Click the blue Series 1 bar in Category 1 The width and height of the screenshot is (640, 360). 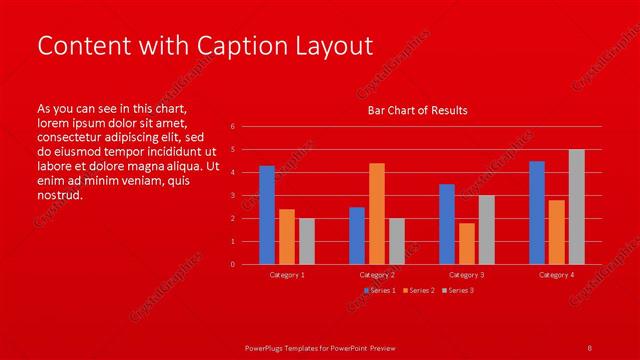pos(267,215)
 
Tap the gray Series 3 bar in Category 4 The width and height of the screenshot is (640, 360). pos(577,207)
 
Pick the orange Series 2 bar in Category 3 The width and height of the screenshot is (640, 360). pos(467,243)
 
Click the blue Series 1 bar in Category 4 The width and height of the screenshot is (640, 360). pos(537,212)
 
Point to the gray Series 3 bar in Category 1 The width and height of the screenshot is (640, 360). pos(306,241)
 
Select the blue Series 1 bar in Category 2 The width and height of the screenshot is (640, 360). pos(357,235)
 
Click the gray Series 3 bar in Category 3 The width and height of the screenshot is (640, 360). pos(487,229)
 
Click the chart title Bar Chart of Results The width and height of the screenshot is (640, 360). pos(418,110)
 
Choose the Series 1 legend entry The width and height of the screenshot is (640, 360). pos(380,290)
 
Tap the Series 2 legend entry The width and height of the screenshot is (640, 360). pos(418,290)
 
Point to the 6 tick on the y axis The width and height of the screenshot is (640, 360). pos(232,127)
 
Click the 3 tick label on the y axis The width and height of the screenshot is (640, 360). pos(232,196)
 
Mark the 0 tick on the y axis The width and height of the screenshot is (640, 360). pos(232,265)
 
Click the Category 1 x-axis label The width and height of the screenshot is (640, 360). pos(287,274)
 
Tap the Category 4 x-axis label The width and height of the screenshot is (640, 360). pos(557,274)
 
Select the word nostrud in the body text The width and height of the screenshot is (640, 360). pos(59,195)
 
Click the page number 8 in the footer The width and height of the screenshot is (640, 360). pos(589,347)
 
